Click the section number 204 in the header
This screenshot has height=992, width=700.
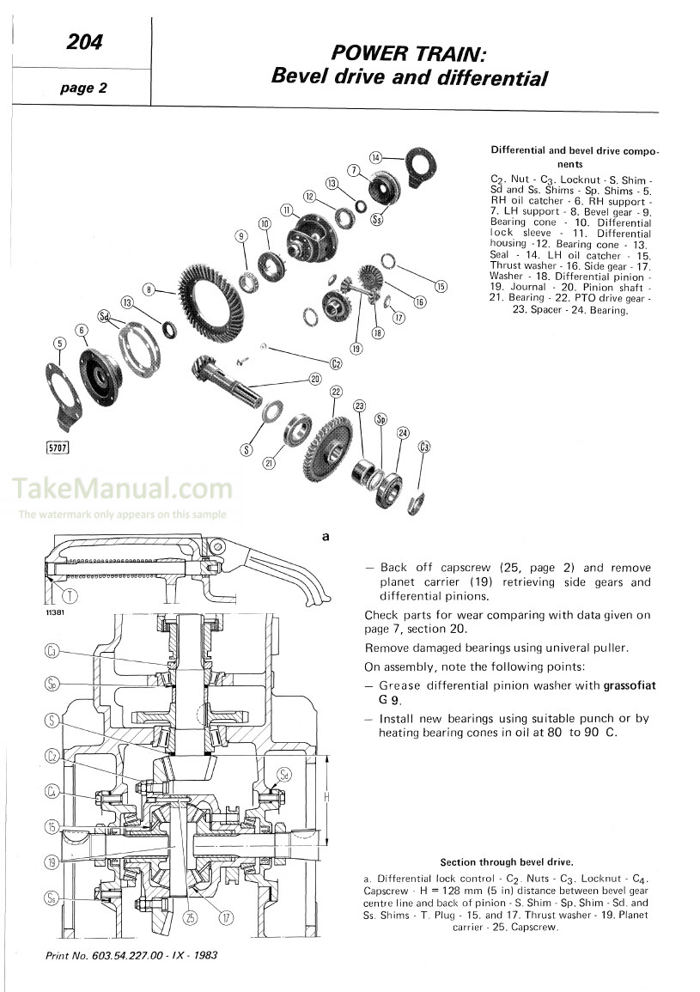pyautogui.click(x=83, y=41)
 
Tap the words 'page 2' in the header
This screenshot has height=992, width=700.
pyautogui.click(x=82, y=86)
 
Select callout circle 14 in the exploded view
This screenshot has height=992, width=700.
pyautogui.click(x=375, y=157)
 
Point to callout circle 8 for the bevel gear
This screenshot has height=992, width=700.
pyautogui.click(x=149, y=290)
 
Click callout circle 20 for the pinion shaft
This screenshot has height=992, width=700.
pyautogui.click(x=314, y=379)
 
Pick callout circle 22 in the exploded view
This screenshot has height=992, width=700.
pyautogui.click(x=336, y=392)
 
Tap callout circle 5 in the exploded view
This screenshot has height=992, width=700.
pyautogui.click(x=59, y=344)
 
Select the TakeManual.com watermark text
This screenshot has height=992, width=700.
pyautogui.click(x=122, y=490)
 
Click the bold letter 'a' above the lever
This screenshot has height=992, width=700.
pyautogui.click(x=326, y=537)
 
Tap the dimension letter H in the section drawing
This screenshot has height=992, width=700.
pyautogui.click(x=326, y=797)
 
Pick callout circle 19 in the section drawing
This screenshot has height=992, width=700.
pyautogui.click(x=52, y=861)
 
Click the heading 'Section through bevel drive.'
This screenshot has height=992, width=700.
pyautogui.click(x=506, y=861)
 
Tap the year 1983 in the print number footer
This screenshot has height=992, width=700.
pyautogui.click(x=203, y=956)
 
